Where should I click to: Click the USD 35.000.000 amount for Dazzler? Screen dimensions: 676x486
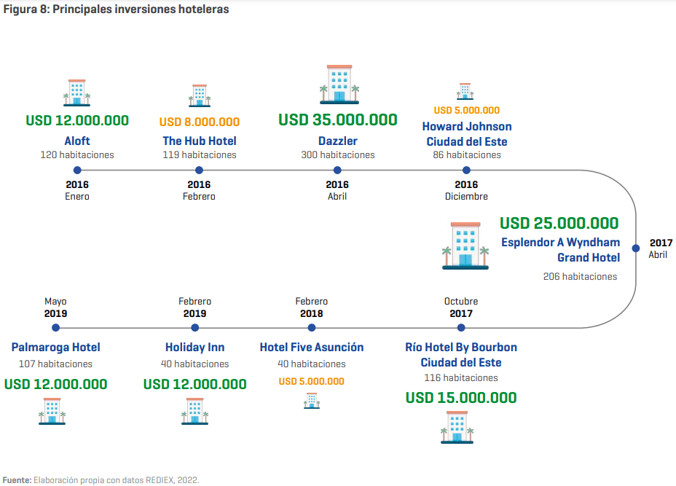coord(337,120)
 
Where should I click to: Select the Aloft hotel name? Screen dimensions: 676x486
coord(77,141)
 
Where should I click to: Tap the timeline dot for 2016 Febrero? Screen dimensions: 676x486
coord(199,171)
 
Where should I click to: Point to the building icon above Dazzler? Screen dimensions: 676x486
coord(339,85)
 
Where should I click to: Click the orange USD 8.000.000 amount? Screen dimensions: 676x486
coord(199,122)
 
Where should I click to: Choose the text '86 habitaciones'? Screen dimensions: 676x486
coord(467,154)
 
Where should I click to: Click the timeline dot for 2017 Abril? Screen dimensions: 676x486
coord(635,248)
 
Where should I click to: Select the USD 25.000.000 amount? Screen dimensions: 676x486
coord(559,223)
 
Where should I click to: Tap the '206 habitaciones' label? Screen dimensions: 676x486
coord(580,276)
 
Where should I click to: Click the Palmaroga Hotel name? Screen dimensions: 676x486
coord(55,347)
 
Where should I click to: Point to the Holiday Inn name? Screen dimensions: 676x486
coord(195,347)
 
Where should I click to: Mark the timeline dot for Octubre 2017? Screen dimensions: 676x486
coord(461,328)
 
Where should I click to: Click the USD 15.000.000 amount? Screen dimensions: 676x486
coord(461,398)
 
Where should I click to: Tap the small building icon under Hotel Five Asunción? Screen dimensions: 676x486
coord(311,401)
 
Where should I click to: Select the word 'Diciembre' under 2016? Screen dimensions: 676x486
coord(466,196)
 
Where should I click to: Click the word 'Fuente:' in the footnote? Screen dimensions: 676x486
coord(17,480)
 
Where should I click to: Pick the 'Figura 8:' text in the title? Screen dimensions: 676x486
coord(26,9)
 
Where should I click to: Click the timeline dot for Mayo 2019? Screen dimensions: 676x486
coord(55,328)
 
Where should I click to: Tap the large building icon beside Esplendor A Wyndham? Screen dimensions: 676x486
coord(465,246)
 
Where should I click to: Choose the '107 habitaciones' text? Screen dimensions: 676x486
coord(55,364)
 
